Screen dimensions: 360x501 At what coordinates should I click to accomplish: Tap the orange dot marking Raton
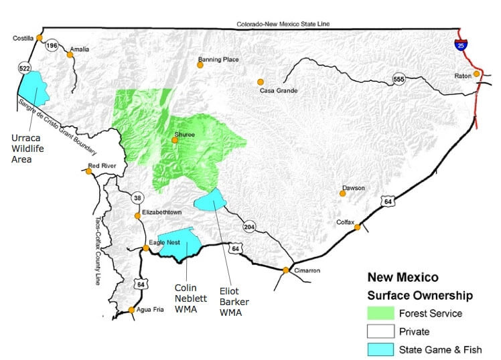(x=477, y=74)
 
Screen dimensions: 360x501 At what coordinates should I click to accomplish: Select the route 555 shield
(x=399, y=77)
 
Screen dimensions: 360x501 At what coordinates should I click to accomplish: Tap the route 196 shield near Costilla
(x=52, y=46)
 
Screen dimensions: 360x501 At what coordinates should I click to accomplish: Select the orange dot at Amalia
(x=70, y=55)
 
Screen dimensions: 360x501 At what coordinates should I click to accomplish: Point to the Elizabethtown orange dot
(x=138, y=215)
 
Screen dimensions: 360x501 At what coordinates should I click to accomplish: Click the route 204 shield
(x=249, y=226)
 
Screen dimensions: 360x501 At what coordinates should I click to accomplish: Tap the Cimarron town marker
(x=286, y=270)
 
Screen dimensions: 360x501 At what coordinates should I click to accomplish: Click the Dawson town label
(x=353, y=187)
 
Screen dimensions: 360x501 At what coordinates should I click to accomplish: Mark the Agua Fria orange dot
(x=132, y=310)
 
